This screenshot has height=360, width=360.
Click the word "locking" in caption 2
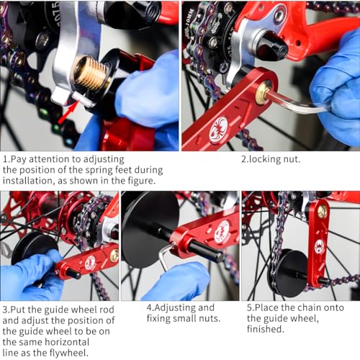click(x=263, y=158)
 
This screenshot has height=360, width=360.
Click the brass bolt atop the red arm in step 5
click(x=323, y=212)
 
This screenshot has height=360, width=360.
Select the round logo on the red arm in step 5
click(x=319, y=246)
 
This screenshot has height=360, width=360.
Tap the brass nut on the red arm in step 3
click(x=114, y=255)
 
